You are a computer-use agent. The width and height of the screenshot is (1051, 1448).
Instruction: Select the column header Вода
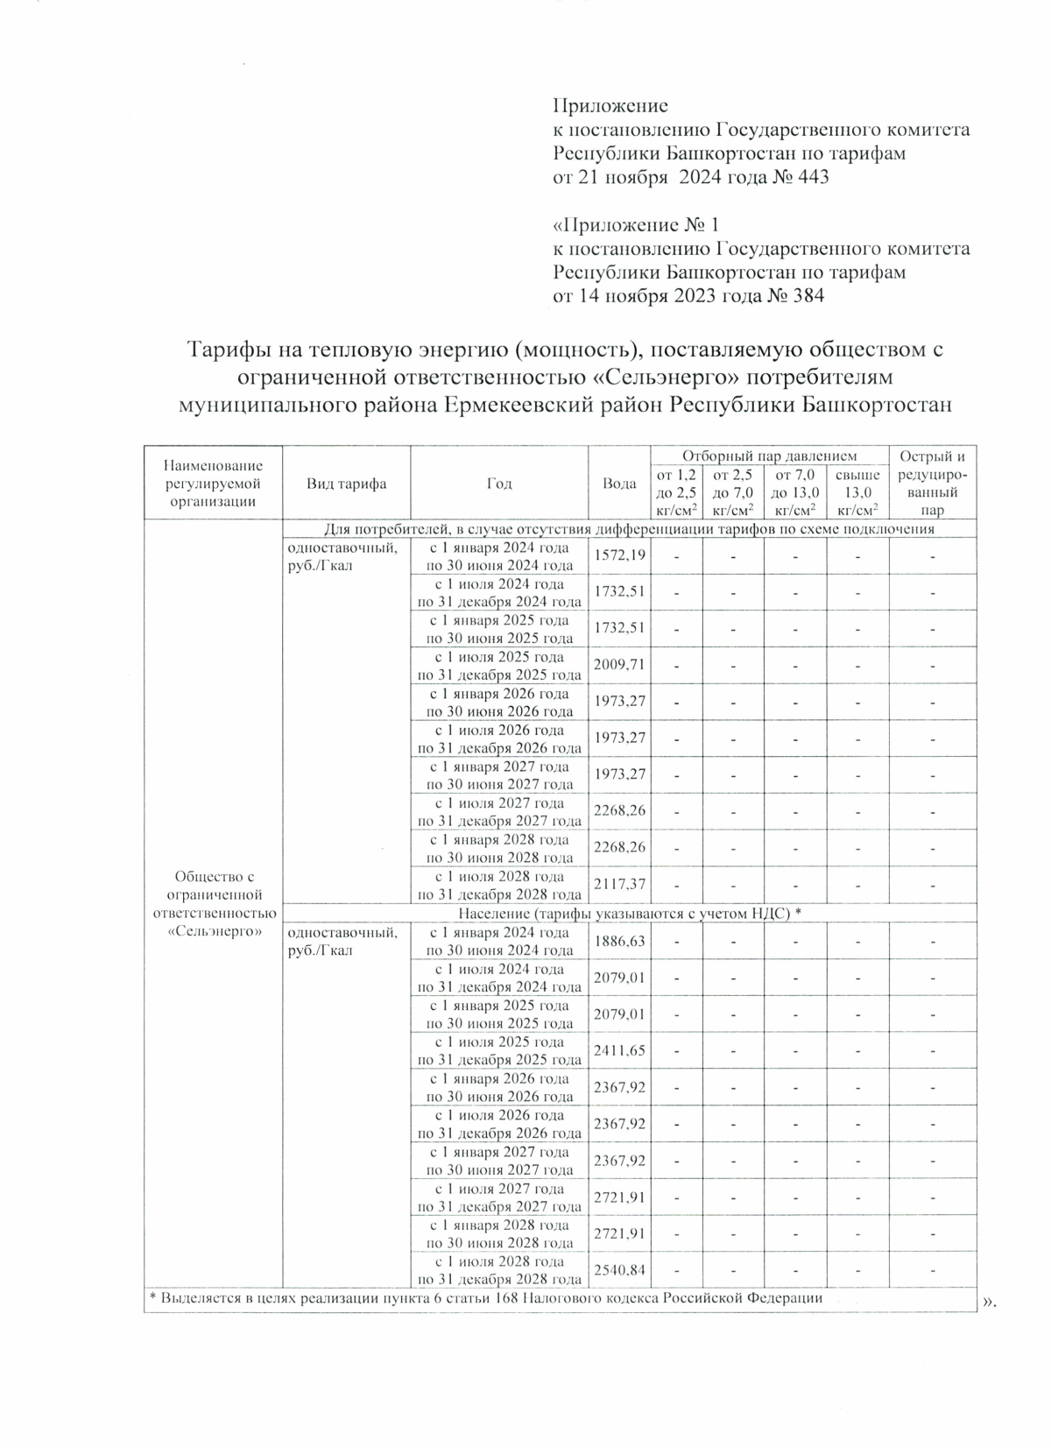coord(619,484)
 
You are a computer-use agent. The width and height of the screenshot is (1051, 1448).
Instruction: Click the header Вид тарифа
coord(346,484)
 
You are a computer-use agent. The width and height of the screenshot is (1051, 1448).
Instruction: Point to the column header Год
coord(498,484)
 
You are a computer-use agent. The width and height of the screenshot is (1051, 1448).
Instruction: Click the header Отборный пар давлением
coord(769,456)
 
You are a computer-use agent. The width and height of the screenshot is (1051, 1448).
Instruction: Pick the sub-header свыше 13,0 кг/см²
coord(857,492)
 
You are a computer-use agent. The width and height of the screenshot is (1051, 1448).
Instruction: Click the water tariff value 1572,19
coord(619,555)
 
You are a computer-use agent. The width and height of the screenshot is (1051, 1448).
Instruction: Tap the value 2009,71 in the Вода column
coord(619,665)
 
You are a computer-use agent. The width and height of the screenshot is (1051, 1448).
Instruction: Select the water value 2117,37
coord(619,884)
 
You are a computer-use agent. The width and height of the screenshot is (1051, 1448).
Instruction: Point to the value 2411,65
coord(619,1050)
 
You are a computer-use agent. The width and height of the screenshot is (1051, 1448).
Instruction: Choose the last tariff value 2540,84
coord(619,1269)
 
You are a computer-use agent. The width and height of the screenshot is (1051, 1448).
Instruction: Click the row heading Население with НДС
coord(629,913)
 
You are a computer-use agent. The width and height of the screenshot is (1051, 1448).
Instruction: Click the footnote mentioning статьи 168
coord(485,1298)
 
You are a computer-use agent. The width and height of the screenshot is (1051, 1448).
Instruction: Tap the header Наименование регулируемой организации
coord(214,484)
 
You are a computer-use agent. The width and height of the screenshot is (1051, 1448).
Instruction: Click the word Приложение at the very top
coord(610,107)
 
